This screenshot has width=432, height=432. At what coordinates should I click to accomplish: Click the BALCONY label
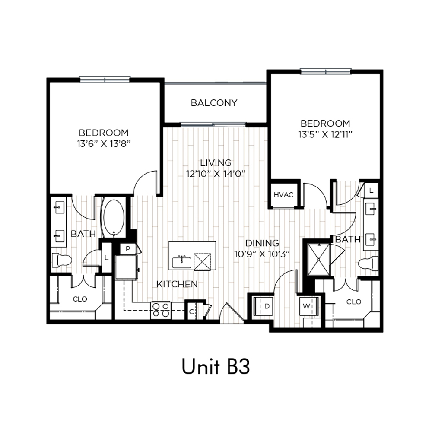[214, 103]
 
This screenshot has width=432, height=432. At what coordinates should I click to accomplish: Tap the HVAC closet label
[283, 195]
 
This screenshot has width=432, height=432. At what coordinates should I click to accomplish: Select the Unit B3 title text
[216, 366]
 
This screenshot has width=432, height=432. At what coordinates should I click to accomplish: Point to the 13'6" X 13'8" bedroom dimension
[104, 143]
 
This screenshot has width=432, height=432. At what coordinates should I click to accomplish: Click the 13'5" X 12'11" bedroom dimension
[325, 134]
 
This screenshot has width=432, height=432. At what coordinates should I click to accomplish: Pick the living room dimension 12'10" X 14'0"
[216, 174]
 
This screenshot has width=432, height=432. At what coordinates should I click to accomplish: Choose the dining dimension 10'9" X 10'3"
[262, 254]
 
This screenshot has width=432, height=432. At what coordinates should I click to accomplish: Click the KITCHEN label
[177, 284]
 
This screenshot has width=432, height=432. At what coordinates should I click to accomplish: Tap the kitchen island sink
[181, 262]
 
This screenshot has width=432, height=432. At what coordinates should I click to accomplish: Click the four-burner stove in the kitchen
[161, 310]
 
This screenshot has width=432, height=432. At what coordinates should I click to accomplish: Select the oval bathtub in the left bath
[114, 218]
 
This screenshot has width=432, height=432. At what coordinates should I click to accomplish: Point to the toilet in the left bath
[62, 260]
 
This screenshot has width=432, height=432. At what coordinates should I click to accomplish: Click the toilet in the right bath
[368, 263]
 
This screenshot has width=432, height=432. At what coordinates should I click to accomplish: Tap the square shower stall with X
[318, 259]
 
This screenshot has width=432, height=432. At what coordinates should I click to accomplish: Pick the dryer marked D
[263, 306]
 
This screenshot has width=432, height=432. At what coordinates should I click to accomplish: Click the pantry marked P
[128, 249]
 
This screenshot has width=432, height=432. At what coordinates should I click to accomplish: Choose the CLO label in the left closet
[80, 299]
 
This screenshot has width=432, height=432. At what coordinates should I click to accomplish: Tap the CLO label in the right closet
[354, 302]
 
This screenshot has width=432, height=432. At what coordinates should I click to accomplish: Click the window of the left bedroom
[105, 80]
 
